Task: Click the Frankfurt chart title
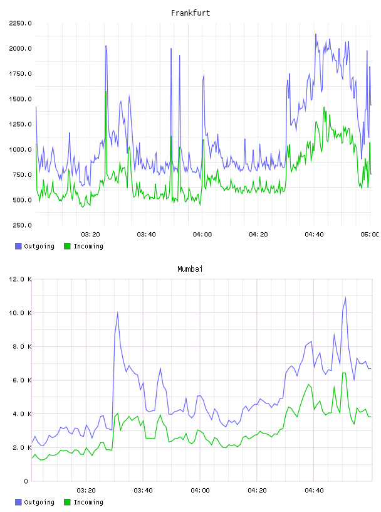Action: pyautogui.click(x=190, y=13)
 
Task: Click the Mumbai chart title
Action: pyautogui.click(x=190, y=269)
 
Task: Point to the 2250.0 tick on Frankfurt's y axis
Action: pyautogui.click(x=21, y=23)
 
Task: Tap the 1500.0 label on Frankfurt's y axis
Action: pyautogui.click(x=21, y=99)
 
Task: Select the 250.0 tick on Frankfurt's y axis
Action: pyautogui.click(x=22, y=225)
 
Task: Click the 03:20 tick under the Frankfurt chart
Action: pyautogui.click(x=90, y=235)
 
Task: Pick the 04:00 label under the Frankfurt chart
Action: pyautogui.click(x=202, y=235)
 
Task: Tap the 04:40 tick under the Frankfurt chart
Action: pyautogui.click(x=314, y=235)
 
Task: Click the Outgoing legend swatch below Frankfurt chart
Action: pyautogui.click(x=18, y=246)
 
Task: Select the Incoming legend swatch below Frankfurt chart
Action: pyautogui.click(x=67, y=246)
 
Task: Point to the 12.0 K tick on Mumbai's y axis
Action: pyautogui.click(x=21, y=279)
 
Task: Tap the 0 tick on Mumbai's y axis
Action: pyautogui.click(x=26, y=481)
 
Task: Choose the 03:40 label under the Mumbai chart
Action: pyautogui.click(x=144, y=491)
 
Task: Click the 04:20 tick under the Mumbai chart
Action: pyautogui.click(x=257, y=491)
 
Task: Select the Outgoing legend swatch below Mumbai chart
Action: pyautogui.click(x=18, y=502)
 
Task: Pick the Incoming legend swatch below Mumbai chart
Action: pyautogui.click(x=67, y=502)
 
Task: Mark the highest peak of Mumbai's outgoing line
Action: pyautogui.click(x=345, y=297)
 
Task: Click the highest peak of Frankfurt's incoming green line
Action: pyautogui.click(x=106, y=91)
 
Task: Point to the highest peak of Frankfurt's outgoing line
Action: pyautogui.click(x=315, y=34)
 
